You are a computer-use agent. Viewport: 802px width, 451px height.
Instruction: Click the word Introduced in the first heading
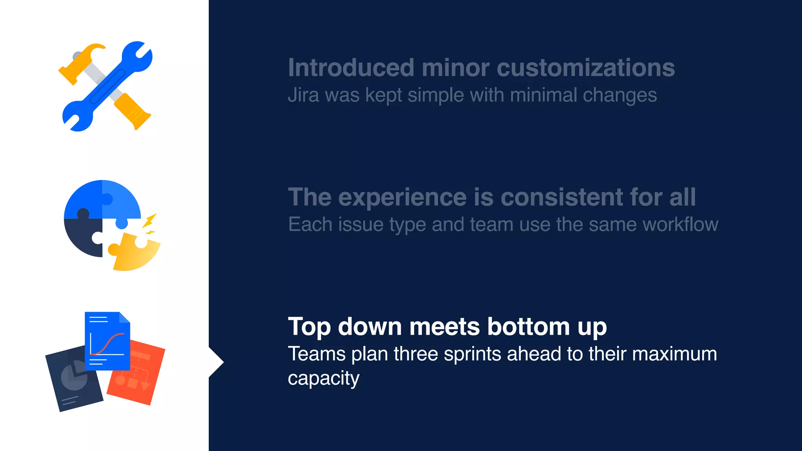pyautogui.click(x=351, y=68)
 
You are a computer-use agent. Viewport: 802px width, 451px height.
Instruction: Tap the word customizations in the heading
pyautogui.click(x=586, y=68)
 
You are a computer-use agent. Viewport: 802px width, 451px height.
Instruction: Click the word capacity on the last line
pyautogui.click(x=323, y=378)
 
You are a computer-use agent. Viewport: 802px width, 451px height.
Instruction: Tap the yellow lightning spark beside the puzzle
pyautogui.click(x=150, y=221)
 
